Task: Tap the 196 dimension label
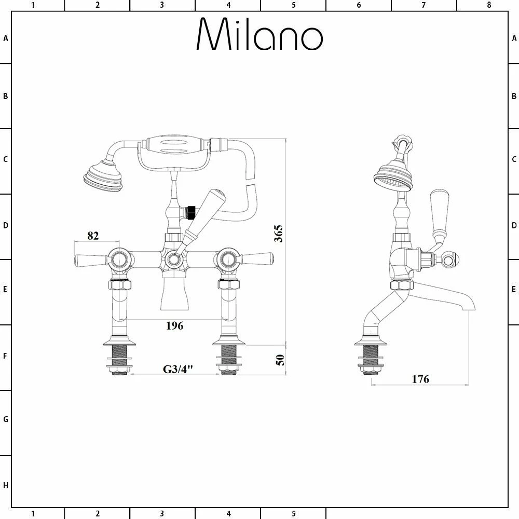click(x=174, y=326)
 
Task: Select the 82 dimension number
click(x=92, y=236)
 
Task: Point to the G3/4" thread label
click(x=178, y=370)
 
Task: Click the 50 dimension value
click(x=280, y=360)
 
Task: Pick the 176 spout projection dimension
click(x=420, y=379)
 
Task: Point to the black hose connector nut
click(x=191, y=211)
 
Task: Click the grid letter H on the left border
click(x=6, y=485)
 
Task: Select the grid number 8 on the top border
click(x=488, y=5)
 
